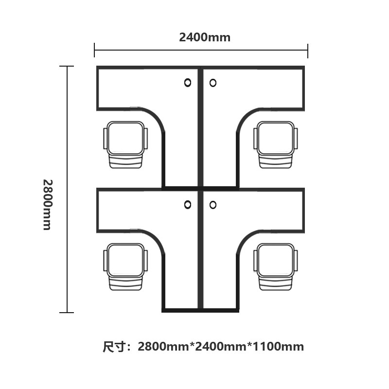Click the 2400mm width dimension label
click(205, 37)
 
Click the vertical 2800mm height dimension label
click(48, 205)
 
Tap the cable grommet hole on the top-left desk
click(188, 83)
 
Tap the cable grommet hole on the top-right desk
click(213, 83)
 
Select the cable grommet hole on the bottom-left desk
click(188, 205)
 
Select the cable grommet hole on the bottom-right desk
click(213, 205)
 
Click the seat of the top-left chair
click(126, 138)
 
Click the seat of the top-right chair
click(275, 138)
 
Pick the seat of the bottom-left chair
click(126, 260)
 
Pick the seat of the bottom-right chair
click(275, 260)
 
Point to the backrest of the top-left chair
click(126, 161)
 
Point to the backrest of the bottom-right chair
click(275, 283)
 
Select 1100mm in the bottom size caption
click(278, 347)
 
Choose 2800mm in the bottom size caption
click(163, 347)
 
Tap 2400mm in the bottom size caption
click(221, 347)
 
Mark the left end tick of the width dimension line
click(94, 50)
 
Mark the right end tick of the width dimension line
click(308, 51)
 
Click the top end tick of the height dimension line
click(67, 66)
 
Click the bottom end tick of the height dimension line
click(67, 313)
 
